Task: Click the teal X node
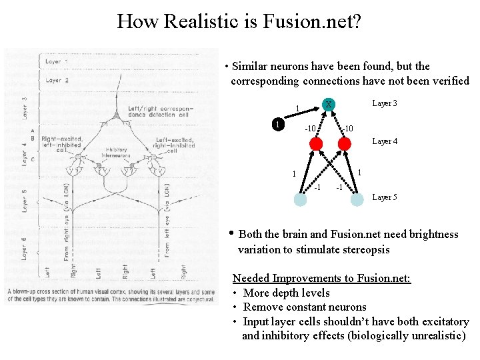[329, 104]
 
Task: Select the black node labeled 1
[279, 124]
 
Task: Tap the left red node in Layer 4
[316, 143]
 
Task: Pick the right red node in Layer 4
[344, 143]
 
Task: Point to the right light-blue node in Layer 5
[357, 198]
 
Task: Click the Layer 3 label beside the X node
[385, 103]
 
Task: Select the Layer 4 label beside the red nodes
[385, 141]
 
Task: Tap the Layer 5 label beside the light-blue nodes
[385, 197]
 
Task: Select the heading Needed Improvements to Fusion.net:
[321, 278]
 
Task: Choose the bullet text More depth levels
[287, 293]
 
